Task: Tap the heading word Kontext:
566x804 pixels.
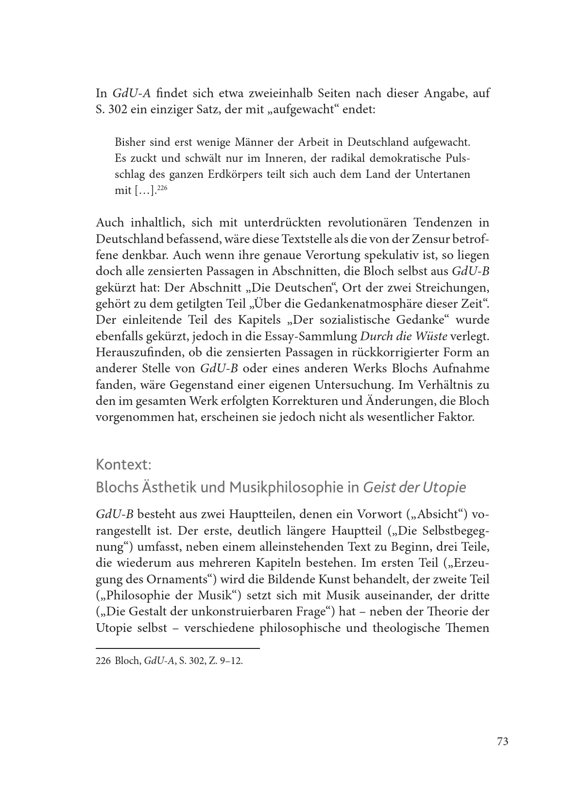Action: coord(124,465)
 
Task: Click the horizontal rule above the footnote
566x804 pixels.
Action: coord(178,648)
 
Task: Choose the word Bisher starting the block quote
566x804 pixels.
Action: coord(130,142)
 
